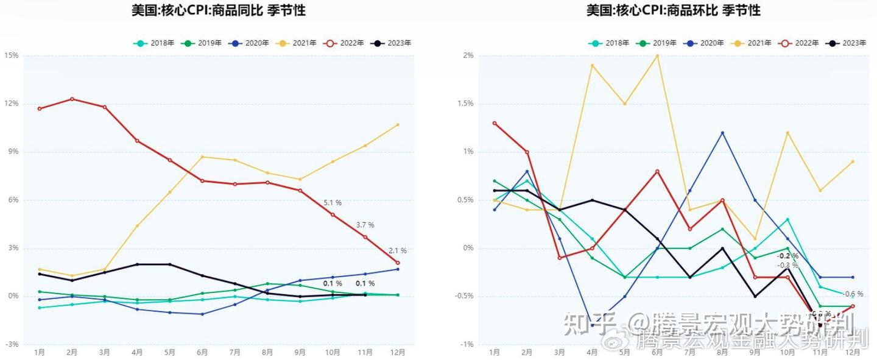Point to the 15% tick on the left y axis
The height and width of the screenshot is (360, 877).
[x=12, y=55]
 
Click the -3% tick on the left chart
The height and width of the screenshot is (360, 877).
[x=12, y=345]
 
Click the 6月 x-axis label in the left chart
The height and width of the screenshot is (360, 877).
[x=202, y=352]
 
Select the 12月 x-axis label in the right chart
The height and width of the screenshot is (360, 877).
[x=853, y=352]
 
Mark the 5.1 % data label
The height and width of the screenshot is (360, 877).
[x=333, y=203]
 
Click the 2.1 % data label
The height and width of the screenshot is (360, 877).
[x=397, y=251]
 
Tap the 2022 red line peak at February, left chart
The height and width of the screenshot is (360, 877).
[x=72, y=99]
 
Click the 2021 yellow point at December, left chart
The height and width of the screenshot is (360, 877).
[x=398, y=125]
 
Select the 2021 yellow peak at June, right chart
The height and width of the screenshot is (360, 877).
[x=657, y=55]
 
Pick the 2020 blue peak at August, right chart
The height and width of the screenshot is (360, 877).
[x=722, y=133]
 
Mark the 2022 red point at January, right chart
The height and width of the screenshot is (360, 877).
[x=495, y=123]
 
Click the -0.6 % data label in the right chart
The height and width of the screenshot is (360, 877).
[x=853, y=294]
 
